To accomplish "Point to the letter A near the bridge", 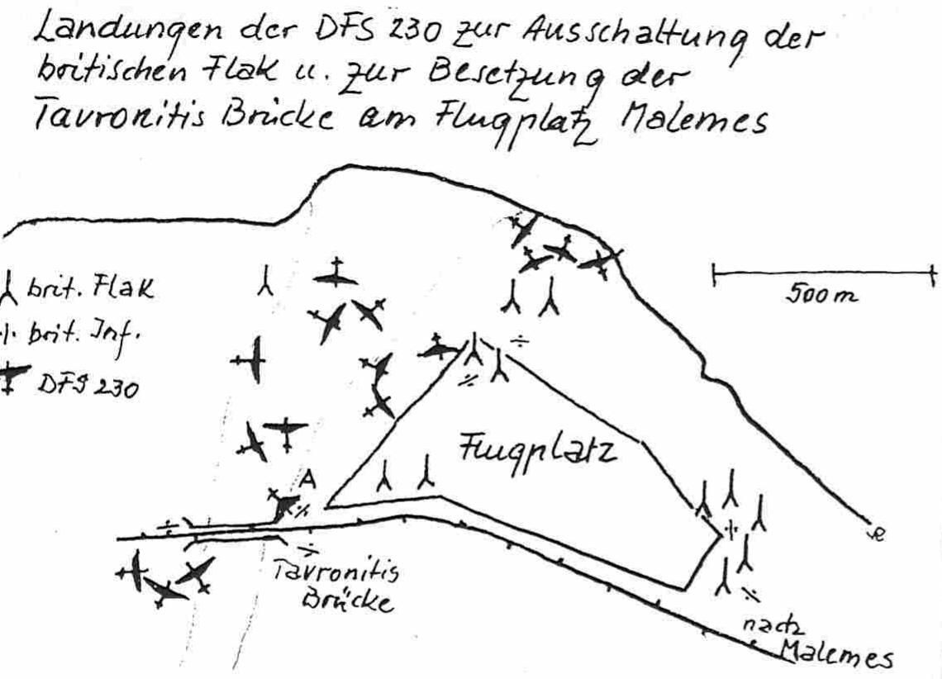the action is (x=307, y=479).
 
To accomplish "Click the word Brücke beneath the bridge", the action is (x=348, y=598).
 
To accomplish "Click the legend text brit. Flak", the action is (x=90, y=289).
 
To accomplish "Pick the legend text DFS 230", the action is (x=88, y=384).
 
